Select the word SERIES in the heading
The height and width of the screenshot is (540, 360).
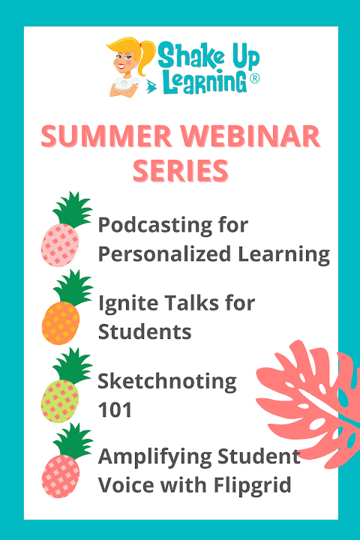click(181, 170)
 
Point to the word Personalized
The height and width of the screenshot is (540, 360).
click(164, 255)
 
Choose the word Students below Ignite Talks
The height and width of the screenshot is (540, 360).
click(145, 331)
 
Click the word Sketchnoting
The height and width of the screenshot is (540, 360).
click(167, 382)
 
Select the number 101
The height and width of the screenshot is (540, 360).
click(115, 410)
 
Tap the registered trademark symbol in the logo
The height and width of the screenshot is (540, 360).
click(254, 79)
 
